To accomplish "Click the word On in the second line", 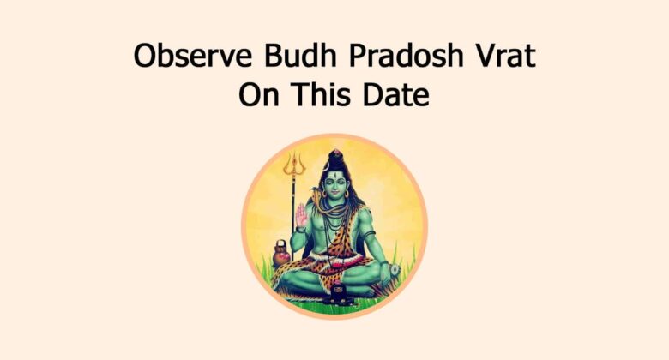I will point(256,94).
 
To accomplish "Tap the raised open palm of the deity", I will point(302,217).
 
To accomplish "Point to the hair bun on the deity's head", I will point(335,157).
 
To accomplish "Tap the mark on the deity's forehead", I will point(335,175).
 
